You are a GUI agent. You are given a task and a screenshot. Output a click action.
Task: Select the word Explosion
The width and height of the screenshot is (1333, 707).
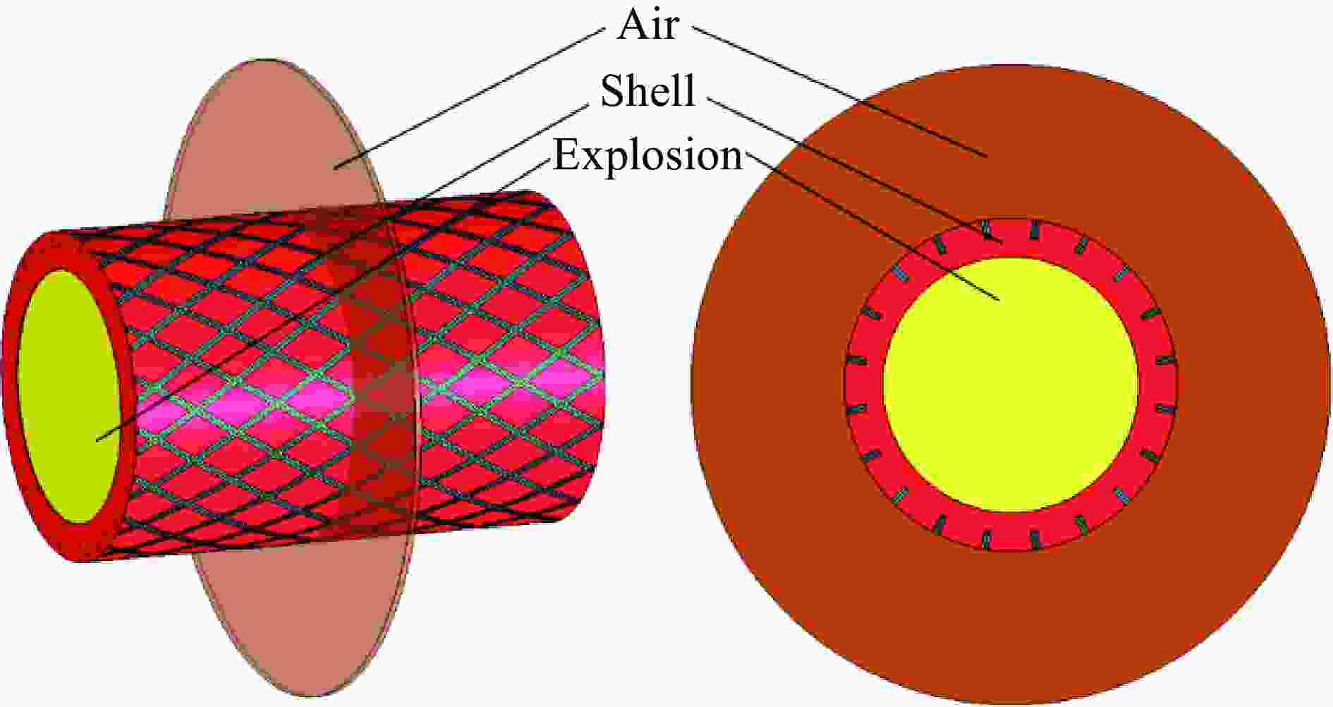(647, 155)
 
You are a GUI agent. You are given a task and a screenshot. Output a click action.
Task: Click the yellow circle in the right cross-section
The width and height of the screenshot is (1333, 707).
(1011, 385)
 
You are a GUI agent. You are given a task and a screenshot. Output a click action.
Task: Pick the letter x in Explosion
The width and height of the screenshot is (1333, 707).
(593, 161)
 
